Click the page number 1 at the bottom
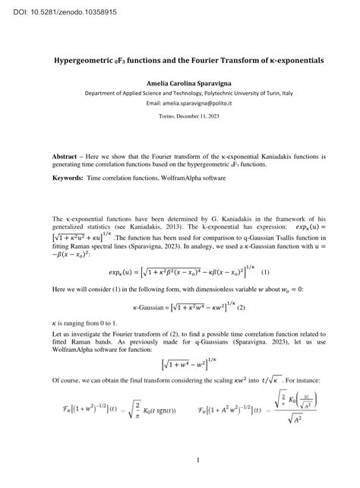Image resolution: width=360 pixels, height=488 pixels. (x=197, y=460)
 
